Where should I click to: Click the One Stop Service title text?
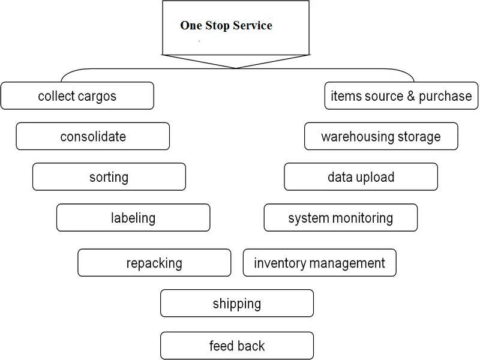tap(226, 26)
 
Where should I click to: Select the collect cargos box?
tap(77, 96)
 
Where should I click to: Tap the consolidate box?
tap(93, 136)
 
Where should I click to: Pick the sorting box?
tap(109, 177)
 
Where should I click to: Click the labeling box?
tap(133, 218)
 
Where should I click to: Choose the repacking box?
tap(154, 263)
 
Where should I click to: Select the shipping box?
tap(236, 304)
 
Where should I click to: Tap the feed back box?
tap(236, 346)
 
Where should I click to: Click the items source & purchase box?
tap(401, 96)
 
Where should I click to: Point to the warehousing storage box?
tap(381, 136)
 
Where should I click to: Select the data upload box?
tap(361, 177)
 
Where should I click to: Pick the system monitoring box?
tap(340, 218)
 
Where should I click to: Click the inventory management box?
tap(319, 263)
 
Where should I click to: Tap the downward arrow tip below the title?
tap(236, 67)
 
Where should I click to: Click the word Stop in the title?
tap(218, 26)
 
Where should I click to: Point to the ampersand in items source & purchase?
tap(411, 96)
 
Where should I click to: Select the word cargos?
tap(97, 96)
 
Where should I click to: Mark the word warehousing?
tap(356, 137)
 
